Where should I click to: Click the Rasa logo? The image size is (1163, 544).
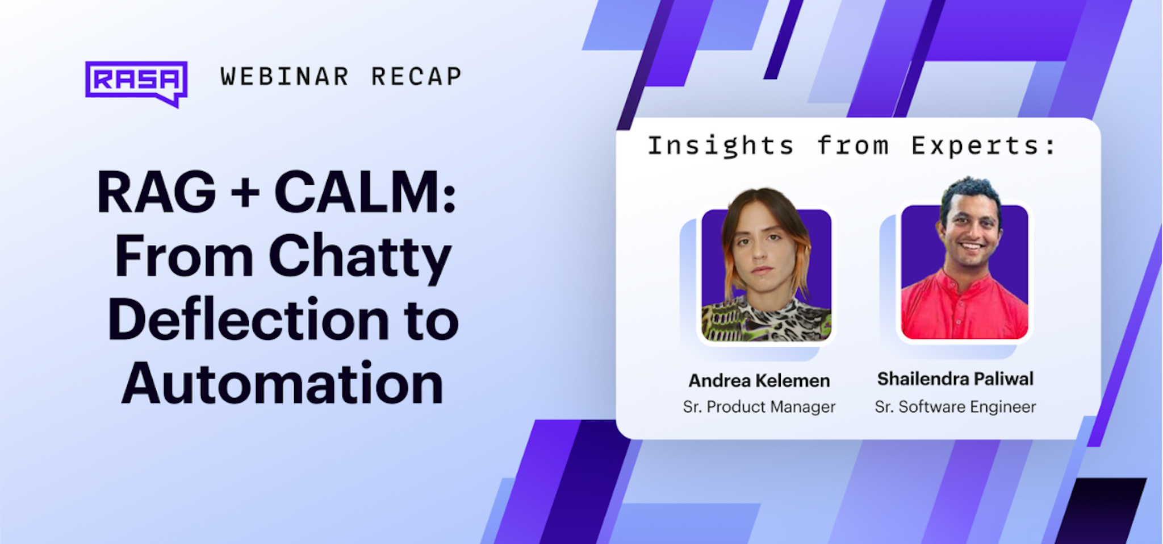point(136,83)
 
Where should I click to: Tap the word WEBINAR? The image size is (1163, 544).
point(285,77)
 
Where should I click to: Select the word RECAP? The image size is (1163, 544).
point(416,77)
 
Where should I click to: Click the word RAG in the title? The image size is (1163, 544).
point(157,192)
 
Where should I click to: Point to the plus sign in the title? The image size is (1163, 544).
point(245,193)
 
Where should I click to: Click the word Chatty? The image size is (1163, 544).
point(360,259)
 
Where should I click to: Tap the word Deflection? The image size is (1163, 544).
point(248,319)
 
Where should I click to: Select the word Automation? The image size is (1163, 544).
point(282,384)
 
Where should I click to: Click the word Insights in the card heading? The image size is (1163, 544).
point(721,146)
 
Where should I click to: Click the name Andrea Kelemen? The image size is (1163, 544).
point(759,380)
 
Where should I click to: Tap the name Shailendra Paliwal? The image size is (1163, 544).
point(955,379)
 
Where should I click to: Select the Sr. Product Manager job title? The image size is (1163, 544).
point(759,406)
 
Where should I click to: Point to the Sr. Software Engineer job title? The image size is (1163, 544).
point(955,406)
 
